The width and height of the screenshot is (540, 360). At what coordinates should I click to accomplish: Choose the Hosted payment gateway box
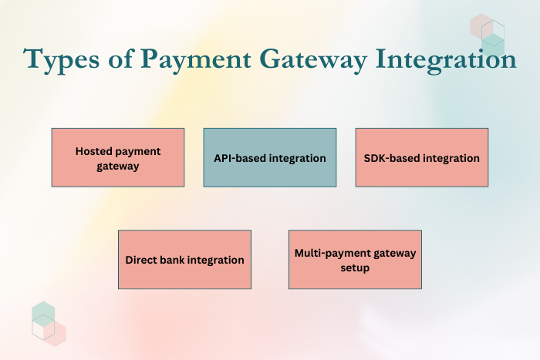(x=118, y=157)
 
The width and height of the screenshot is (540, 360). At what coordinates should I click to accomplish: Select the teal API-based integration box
(x=270, y=157)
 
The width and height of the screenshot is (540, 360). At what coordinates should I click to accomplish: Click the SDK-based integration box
(x=422, y=157)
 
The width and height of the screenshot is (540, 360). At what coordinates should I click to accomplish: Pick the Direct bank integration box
(x=185, y=259)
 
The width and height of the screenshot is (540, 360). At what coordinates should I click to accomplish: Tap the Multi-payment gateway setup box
(x=356, y=259)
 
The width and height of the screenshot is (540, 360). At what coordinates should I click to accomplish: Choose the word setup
(x=356, y=267)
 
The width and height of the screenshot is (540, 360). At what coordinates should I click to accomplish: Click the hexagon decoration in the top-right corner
(x=488, y=35)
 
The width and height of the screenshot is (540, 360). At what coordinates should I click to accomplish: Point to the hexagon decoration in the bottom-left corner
(x=47, y=322)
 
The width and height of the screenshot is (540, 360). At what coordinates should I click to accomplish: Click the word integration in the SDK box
(x=451, y=158)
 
